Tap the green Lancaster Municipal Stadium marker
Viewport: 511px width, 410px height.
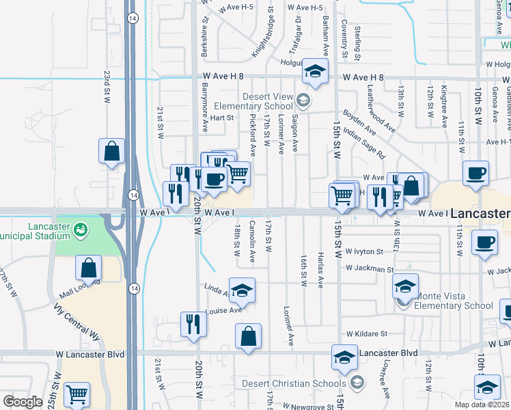pos(81,228)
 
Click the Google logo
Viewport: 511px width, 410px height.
pos(22,402)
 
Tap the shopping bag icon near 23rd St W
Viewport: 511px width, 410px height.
pos(111,151)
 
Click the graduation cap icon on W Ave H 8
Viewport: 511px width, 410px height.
pos(315,71)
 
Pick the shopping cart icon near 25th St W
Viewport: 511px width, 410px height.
pos(77,394)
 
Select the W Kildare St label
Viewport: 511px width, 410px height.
pos(366,334)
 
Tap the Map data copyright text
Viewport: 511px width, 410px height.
pos(482,405)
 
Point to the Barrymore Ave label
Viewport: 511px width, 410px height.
pos(204,107)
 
